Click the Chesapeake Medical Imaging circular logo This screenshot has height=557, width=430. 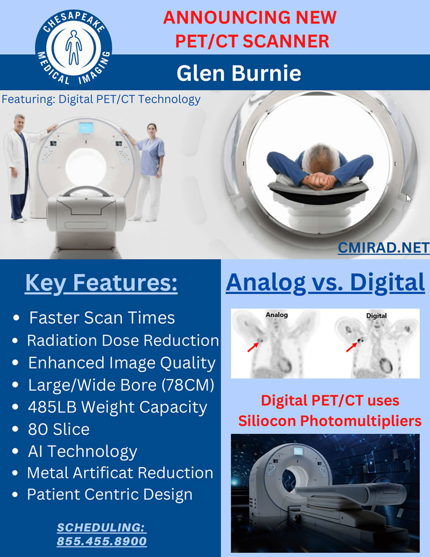[73, 47]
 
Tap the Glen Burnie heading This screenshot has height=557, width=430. [239, 73]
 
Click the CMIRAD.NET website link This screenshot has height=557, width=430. [383, 248]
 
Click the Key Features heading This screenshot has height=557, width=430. [101, 284]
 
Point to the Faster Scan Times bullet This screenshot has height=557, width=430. [102, 318]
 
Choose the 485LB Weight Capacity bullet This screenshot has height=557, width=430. [117, 407]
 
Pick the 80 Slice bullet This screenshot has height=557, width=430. [59, 429]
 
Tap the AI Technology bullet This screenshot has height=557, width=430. [82, 451]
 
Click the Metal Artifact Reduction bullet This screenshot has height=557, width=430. [120, 473]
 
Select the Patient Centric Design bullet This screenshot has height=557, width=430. [110, 495]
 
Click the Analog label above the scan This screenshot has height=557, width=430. [277, 315]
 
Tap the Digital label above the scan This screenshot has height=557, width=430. [376, 315]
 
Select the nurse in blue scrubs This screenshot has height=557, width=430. [149, 167]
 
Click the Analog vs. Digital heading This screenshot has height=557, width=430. [325, 283]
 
